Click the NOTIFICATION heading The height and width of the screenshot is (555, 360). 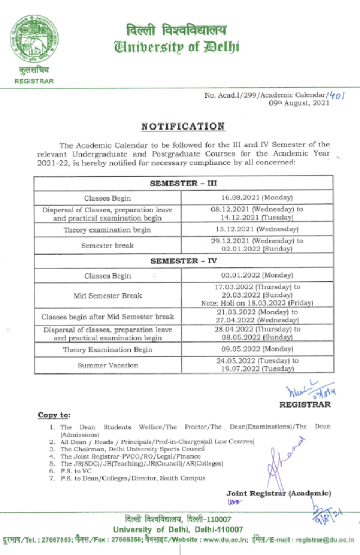(x=183, y=127)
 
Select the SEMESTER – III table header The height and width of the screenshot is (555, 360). (x=182, y=184)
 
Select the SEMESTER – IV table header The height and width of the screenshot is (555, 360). (x=182, y=261)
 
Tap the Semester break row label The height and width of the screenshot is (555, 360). (x=107, y=246)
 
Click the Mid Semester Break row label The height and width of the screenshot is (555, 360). (x=107, y=295)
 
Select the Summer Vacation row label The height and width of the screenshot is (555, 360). (x=107, y=365)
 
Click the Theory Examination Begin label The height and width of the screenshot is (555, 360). (x=107, y=350)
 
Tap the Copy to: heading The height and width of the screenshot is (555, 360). (x=54, y=415)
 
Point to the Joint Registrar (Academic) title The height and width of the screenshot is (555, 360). (x=278, y=493)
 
